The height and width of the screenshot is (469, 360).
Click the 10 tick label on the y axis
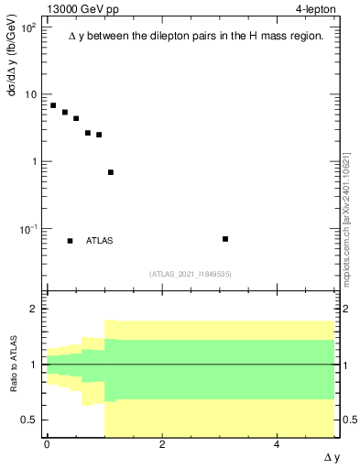point(29,94)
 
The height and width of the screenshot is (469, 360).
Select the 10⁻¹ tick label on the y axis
point(27,228)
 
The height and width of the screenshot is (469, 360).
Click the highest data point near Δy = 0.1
point(53,105)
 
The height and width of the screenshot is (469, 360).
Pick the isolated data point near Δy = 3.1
point(225,239)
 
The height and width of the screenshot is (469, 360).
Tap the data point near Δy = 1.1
point(111,172)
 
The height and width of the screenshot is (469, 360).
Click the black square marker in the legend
point(71,241)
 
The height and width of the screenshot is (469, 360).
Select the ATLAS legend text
point(99,241)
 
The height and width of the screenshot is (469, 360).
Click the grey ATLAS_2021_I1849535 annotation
point(191,274)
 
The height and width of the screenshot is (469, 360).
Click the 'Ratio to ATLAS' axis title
point(13,365)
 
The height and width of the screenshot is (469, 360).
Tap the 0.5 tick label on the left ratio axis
point(30,420)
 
